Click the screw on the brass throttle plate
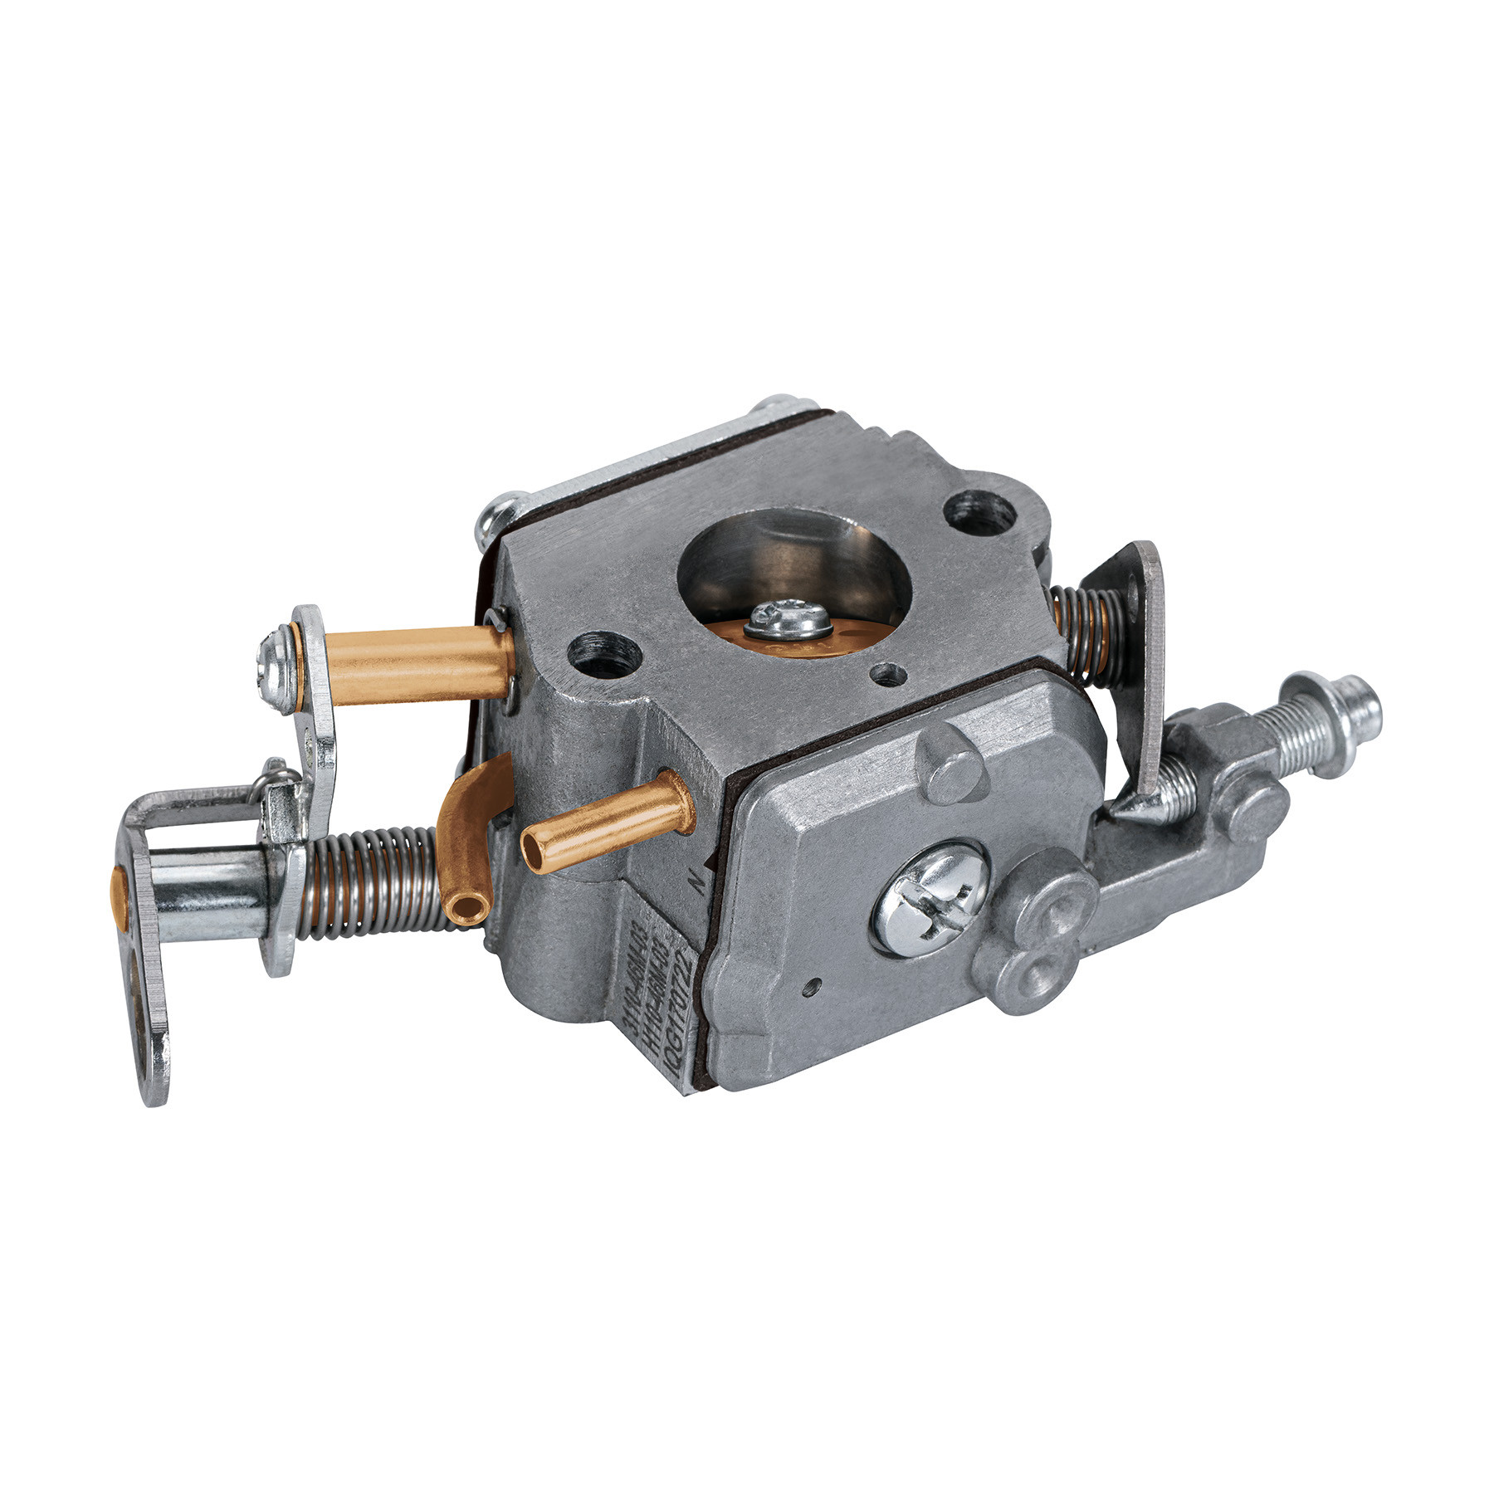(x=787, y=618)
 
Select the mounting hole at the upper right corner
(x=983, y=513)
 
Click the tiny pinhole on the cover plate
(x=811, y=986)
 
